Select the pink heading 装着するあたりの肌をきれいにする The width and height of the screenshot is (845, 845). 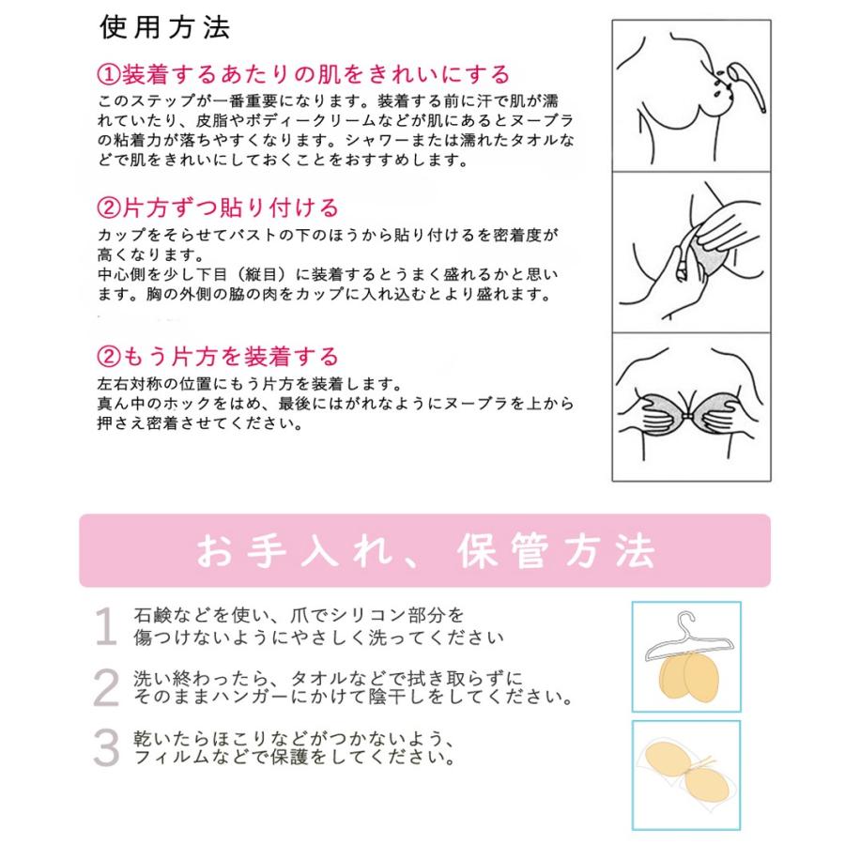pos(315,74)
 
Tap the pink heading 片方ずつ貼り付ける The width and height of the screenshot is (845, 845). pos(229,207)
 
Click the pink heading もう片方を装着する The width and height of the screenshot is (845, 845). pos(229,357)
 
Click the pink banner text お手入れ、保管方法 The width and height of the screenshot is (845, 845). pos(424,552)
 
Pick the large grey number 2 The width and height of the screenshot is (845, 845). pos(107,689)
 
